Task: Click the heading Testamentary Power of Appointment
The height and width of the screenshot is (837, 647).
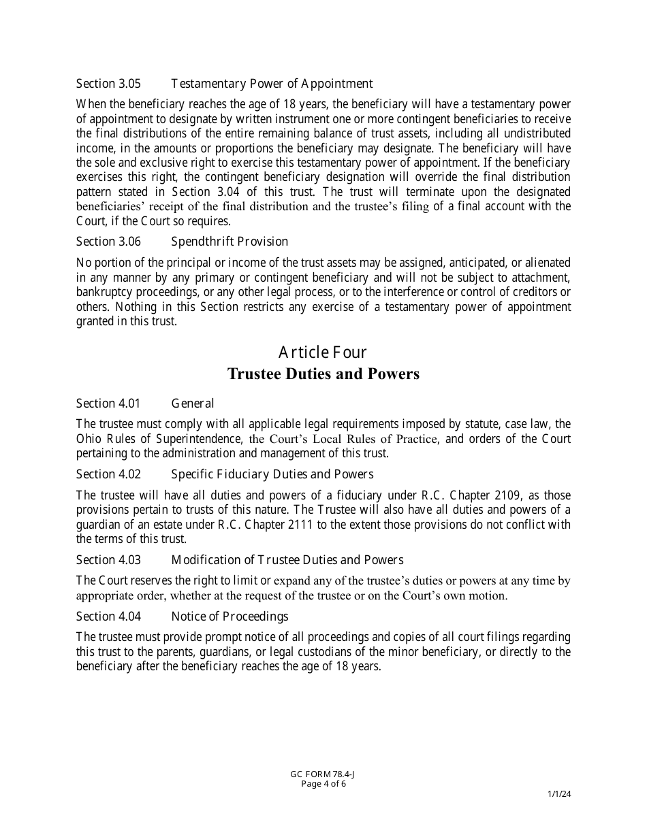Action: [272, 84]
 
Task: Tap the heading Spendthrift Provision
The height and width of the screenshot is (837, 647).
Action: [230, 242]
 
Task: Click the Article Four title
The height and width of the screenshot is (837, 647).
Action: [323, 352]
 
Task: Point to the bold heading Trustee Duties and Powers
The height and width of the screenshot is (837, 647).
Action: [323, 374]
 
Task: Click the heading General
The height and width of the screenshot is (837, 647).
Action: [193, 404]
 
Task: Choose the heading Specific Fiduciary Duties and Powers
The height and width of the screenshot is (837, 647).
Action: [272, 474]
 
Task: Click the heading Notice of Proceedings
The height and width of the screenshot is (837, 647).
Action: [230, 617]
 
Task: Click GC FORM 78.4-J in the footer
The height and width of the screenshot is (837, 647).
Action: [323, 774]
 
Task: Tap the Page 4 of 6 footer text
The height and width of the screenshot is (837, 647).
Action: [323, 783]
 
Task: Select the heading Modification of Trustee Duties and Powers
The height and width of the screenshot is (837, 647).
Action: [287, 560]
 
